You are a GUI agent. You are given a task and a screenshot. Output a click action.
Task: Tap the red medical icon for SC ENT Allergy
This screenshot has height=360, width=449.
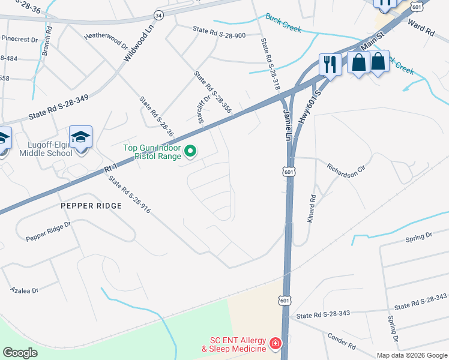275,344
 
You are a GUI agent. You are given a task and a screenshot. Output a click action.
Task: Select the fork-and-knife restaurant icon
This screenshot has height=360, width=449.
330,64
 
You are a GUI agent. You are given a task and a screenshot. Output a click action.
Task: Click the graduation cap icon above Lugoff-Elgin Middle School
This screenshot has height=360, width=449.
80,136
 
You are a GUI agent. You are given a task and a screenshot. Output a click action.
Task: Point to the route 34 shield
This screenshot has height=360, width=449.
158,14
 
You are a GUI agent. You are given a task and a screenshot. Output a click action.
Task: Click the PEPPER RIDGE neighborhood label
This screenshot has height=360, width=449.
91,206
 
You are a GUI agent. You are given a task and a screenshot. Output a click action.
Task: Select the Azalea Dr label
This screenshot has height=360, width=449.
25,290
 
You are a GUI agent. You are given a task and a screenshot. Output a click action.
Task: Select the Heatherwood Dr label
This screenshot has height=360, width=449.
107,40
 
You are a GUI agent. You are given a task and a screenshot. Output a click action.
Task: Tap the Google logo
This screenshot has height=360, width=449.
20,352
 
